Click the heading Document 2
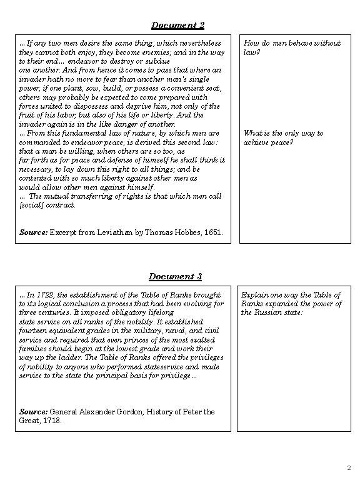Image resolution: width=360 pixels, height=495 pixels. pos(178,26)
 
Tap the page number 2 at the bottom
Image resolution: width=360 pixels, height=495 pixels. pos(349,467)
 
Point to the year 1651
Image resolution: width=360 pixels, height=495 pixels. pos(212,232)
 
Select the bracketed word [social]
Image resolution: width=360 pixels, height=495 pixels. pos(31,205)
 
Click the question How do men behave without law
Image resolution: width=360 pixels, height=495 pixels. pos(291,47)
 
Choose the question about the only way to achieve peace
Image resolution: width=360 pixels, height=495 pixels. pos(283,137)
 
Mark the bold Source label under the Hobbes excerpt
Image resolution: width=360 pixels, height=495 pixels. pos(34,232)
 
